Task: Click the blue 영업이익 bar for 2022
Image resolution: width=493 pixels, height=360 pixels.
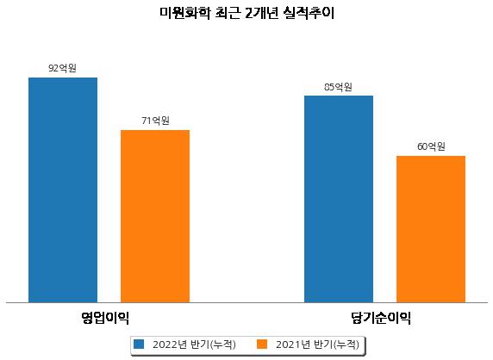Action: tap(63, 190)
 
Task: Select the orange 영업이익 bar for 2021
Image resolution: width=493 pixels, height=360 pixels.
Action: tap(155, 216)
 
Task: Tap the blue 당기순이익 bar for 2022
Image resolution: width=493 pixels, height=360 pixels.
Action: tap(339, 199)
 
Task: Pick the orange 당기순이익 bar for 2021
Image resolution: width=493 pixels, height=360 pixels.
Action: tap(431, 229)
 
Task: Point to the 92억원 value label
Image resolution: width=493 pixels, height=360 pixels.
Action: tap(63, 68)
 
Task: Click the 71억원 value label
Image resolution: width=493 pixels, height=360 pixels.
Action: tap(155, 121)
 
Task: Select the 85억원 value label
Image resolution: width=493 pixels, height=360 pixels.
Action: tap(339, 87)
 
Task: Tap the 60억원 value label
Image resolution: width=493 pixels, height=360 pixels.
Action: tap(431, 146)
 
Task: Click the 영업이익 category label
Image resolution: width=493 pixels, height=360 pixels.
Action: tap(105, 318)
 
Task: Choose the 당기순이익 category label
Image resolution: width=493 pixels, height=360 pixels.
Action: tap(381, 318)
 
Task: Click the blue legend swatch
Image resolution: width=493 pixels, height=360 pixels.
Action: tap(139, 344)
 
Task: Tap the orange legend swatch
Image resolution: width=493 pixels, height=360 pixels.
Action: tap(262, 344)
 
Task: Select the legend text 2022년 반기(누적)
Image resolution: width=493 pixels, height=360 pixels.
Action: tap(194, 344)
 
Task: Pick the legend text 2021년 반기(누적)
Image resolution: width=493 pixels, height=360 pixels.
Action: tap(317, 344)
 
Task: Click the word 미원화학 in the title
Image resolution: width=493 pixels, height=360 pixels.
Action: tap(184, 13)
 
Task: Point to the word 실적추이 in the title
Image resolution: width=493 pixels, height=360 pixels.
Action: tap(309, 13)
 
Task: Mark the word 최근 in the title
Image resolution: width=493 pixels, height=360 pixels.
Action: tap(228, 13)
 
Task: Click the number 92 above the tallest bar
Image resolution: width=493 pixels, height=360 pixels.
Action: tap(53, 69)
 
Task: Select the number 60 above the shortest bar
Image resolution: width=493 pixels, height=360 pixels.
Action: tap(422, 146)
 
